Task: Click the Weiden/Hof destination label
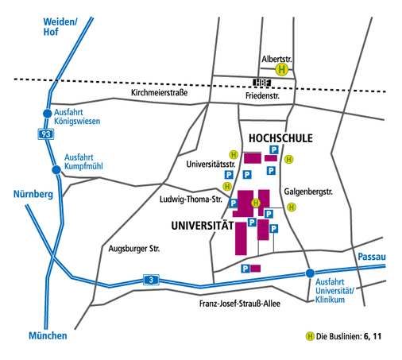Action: (x=60, y=26)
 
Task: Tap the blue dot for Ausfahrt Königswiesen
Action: (x=48, y=114)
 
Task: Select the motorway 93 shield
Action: (x=46, y=134)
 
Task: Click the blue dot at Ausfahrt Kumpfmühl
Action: (x=56, y=169)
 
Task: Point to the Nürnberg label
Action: (x=33, y=194)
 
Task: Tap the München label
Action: (x=48, y=335)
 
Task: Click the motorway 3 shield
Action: (x=151, y=280)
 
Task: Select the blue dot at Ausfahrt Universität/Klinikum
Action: (x=310, y=273)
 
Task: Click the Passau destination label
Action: (x=372, y=257)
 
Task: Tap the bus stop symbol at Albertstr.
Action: (x=281, y=70)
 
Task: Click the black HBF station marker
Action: (x=262, y=83)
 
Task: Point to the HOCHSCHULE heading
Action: (x=280, y=138)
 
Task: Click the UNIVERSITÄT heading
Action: (x=203, y=226)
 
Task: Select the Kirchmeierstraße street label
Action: (x=160, y=92)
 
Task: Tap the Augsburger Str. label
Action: (x=134, y=249)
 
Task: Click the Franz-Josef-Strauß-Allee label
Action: (x=240, y=304)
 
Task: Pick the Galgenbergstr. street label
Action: (x=308, y=192)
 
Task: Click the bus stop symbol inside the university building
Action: (x=256, y=203)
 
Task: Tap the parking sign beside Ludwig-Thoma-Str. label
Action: (x=233, y=203)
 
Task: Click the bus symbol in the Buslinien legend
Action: (x=310, y=336)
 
